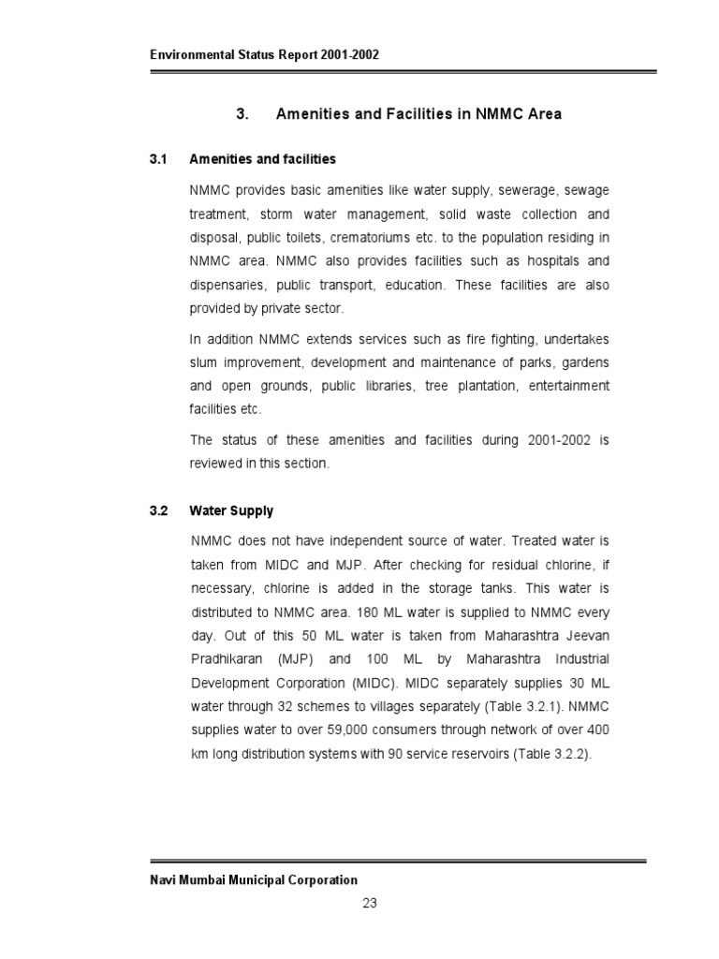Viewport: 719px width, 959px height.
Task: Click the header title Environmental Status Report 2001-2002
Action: coord(264,55)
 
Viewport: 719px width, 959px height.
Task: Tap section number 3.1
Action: coord(157,159)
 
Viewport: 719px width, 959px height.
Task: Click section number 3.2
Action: coord(157,510)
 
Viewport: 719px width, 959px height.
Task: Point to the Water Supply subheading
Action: coord(231,510)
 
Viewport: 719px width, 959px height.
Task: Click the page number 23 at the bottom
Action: coord(369,904)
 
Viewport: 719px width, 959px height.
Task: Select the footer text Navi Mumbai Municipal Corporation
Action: coord(254,879)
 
